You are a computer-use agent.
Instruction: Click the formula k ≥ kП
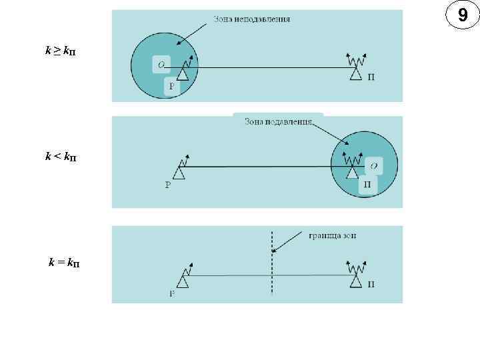coord(60,51)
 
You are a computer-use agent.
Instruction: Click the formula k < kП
coord(60,156)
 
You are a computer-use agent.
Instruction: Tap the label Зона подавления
coord(278,121)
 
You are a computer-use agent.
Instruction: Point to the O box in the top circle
coord(161,64)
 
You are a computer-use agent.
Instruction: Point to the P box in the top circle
coord(171,86)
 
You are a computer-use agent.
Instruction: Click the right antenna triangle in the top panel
coord(355,74)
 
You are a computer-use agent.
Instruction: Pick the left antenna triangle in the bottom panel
coord(183,281)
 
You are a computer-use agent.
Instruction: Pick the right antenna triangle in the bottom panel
coord(355,282)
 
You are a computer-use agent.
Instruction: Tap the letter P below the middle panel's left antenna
coord(168,185)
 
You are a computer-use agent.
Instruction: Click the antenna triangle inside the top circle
coord(183,73)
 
